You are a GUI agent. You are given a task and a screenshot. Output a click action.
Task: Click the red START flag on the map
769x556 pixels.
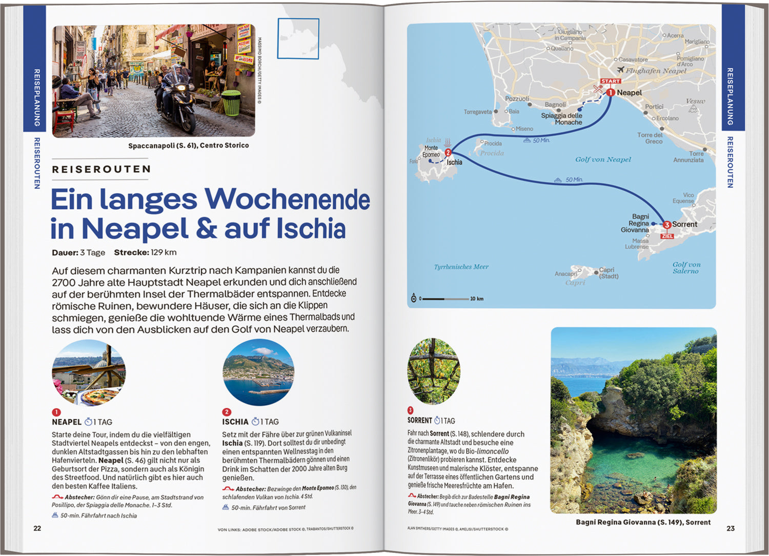coord(611,81)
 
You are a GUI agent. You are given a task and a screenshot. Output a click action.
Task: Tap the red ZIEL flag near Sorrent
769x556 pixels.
coord(667,236)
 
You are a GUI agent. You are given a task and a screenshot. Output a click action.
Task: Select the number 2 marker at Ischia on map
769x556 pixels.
coord(448,152)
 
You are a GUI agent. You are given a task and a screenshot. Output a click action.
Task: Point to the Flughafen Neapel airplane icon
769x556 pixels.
coord(620,70)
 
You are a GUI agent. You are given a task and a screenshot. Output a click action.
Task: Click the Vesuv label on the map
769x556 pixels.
coord(695,101)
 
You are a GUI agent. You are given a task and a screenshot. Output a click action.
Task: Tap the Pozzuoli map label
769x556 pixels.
coord(517,98)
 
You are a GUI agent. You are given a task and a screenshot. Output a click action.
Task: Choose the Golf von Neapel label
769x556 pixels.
coord(603,160)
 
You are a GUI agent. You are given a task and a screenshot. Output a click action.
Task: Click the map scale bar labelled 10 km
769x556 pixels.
coord(446,299)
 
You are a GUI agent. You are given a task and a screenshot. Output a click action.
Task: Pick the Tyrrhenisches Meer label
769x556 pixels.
coord(461,267)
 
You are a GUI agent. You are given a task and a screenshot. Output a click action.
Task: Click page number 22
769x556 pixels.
coord(37,528)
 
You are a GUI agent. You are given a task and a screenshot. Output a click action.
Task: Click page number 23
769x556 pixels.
coord(731,528)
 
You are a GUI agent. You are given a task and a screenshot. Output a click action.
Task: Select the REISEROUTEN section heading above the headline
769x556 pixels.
coord(102,169)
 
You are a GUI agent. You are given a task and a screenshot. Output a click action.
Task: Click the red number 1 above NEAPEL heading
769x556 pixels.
coord(56,412)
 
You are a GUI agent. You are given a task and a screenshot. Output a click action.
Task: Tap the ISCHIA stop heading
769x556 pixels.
coord(235,422)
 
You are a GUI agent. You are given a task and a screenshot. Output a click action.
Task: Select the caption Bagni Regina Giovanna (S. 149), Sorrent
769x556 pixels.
coord(643,522)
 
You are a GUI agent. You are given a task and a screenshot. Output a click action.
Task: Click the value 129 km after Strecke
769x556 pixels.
coord(164,252)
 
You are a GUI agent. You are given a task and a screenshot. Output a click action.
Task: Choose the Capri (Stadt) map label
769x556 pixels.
coord(609,273)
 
